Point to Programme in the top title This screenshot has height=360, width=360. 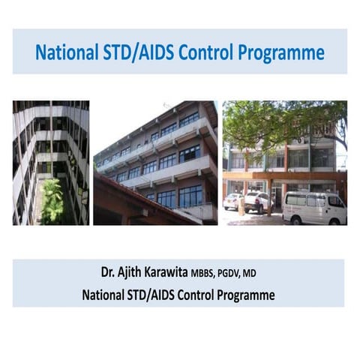tap(284, 53)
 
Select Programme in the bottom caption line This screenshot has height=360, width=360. tap(242, 295)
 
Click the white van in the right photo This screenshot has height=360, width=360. tap(315, 205)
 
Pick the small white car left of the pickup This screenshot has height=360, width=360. tap(232, 201)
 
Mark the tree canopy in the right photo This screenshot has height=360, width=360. tap(277, 120)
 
